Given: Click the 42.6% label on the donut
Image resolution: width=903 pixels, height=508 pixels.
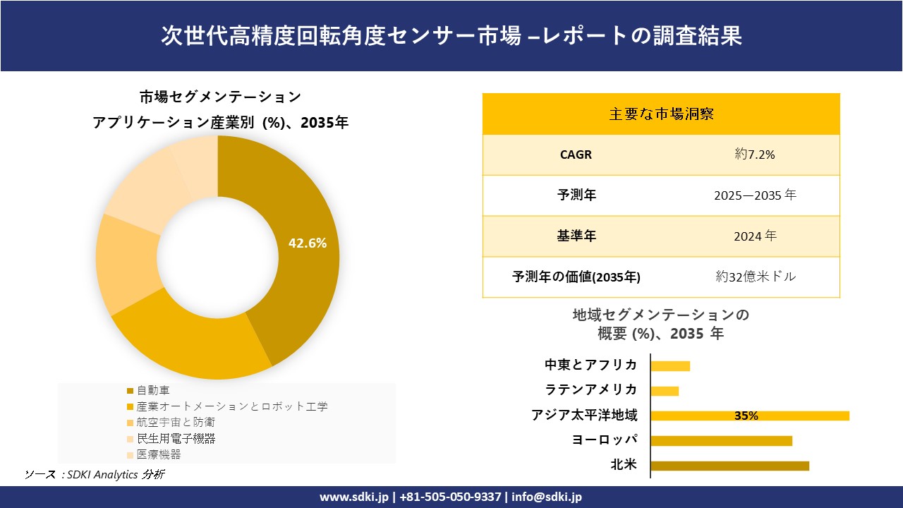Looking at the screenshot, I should (x=308, y=243).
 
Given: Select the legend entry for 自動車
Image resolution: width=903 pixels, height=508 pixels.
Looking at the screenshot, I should (x=153, y=390).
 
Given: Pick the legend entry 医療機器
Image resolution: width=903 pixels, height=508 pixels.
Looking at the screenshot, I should (x=159, y=454).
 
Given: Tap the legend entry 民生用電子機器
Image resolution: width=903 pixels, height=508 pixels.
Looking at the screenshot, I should (x=176, y=438).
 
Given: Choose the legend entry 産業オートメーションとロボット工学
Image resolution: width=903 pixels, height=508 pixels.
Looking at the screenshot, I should (x=232, y=406).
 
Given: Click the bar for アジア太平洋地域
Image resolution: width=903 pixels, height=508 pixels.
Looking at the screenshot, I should (x=749, y=416).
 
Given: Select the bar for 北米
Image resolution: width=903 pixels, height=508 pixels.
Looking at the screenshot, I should (x=729, y=466).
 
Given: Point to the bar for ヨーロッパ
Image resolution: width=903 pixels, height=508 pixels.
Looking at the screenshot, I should (x=721, y=441).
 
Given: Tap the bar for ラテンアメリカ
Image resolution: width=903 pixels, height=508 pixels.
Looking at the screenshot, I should (x=665, y=391).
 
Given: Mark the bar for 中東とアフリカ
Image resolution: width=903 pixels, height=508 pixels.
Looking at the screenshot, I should (x=670, y=365).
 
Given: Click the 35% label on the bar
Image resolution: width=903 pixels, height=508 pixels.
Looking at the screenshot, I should (x=746, y=416).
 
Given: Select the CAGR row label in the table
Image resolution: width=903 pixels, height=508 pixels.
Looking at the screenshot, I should (x=576, y=155).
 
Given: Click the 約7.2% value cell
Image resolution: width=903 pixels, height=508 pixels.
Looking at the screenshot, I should (x=755, y=155).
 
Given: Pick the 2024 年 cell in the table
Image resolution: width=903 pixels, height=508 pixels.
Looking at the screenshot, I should (x=755, y=236).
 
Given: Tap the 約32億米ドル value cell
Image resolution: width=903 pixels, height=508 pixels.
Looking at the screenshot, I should (x=755, y=277).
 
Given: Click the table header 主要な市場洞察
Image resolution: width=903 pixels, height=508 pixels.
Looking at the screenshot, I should (x=661, y=114).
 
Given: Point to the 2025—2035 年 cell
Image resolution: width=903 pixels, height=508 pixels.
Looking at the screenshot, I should (x=755, y=195).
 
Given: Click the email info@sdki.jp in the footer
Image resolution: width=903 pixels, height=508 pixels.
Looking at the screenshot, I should (x=547, y=497).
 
